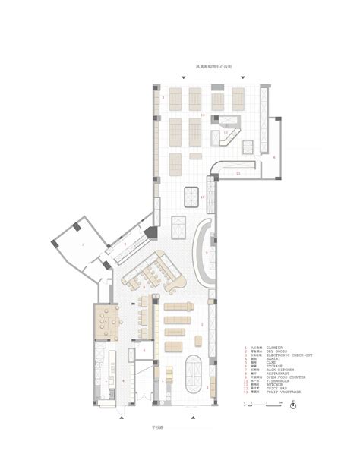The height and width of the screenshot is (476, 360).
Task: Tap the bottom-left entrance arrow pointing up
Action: coord(122,417)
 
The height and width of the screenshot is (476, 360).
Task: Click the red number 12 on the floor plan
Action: coord(226,131)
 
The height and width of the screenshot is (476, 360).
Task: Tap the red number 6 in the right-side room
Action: coord(273,158)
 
